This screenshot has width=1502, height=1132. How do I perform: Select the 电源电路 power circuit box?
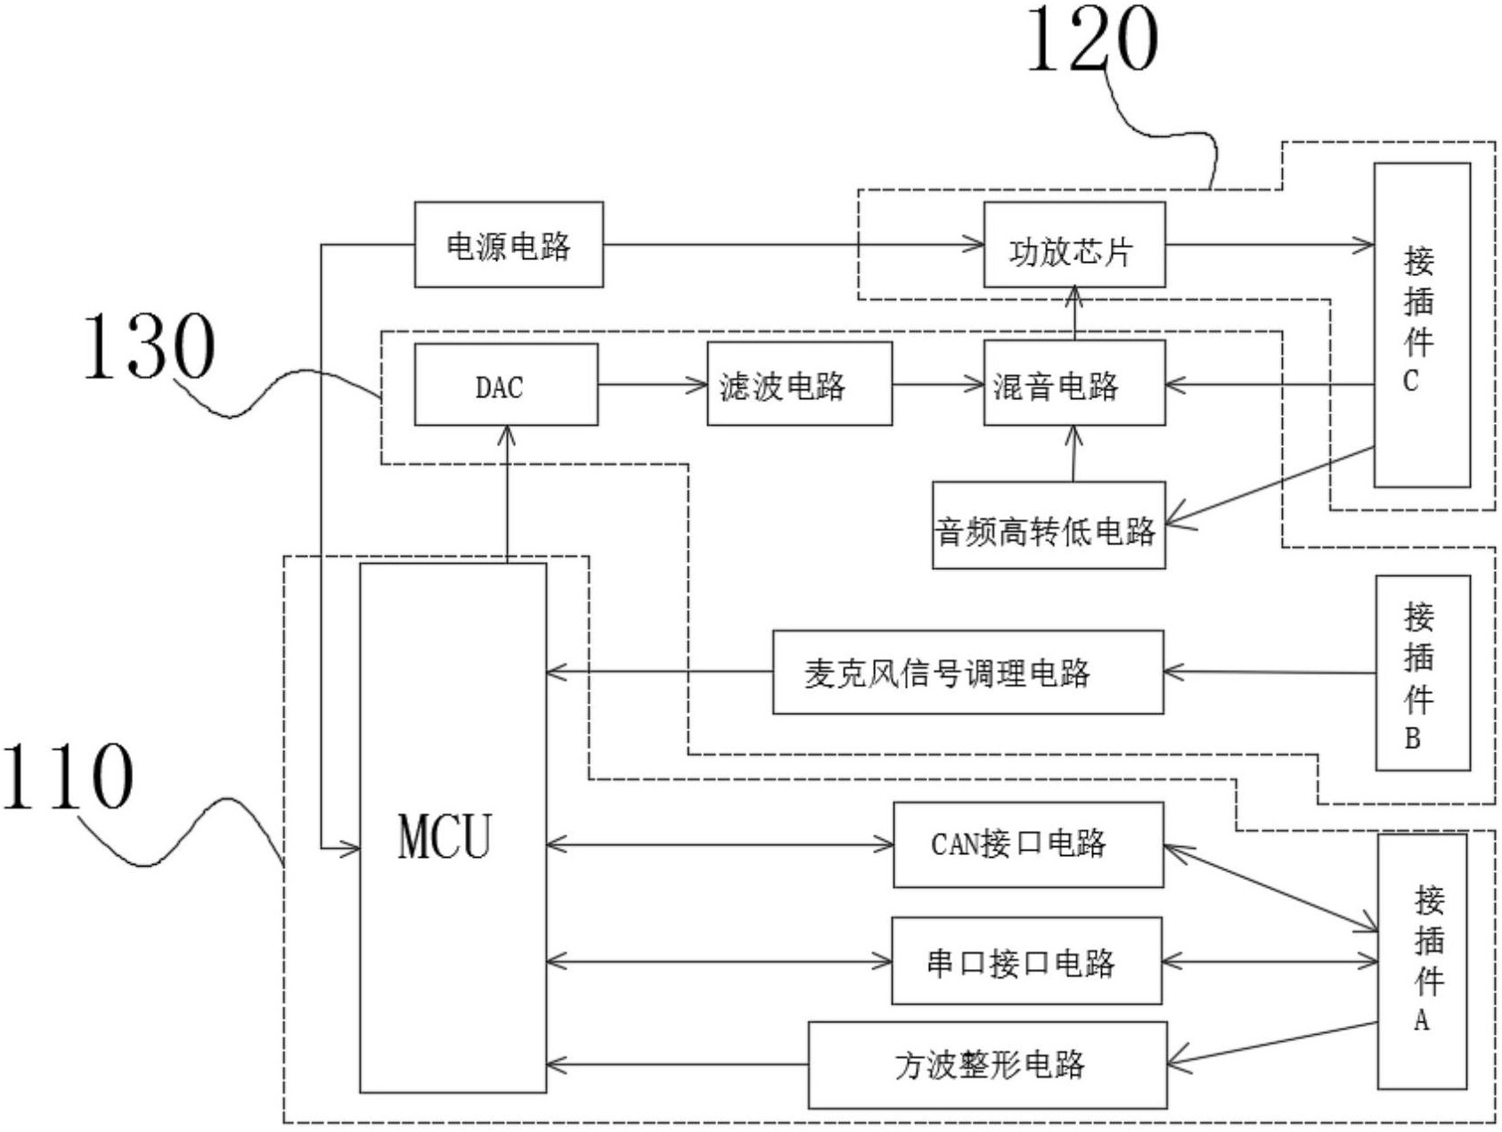pos(509,245)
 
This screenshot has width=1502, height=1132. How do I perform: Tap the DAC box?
pos(506,385)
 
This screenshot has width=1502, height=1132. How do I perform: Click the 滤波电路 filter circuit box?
pos(799,385)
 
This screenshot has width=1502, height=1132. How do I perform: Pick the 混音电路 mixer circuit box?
pos(1073,385)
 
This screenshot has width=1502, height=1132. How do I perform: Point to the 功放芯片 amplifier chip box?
pos(1073,246)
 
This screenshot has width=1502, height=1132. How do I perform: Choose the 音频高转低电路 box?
pos(1049,525)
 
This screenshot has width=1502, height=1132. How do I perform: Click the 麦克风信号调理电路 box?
pos(967,672)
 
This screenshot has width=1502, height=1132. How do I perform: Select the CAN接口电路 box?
pos(1028,844)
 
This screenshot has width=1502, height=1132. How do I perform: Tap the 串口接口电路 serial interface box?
pos(1026,961)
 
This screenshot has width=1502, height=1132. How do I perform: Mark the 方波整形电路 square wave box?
pos(987,1064)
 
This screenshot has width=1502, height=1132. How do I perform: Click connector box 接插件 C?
pos(1421,325)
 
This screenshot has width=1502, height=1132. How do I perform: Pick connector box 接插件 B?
pos(1422,672)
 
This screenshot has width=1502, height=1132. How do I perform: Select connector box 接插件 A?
pos(1422,961)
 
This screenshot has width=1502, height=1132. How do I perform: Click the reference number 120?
pos(1092,39)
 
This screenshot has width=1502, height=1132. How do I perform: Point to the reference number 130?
pos(149,346)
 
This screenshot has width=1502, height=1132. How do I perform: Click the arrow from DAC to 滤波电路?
pos(652,385)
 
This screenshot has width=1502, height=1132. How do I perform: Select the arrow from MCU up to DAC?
pos(507,493)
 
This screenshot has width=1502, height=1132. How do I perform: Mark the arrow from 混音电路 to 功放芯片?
pos(1073,314)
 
